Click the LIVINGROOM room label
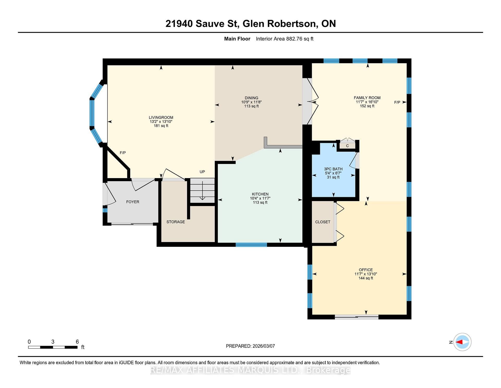click(161, 117)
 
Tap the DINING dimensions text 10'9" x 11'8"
click(251, 102)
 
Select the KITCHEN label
click(260, 194)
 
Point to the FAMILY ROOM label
click(367, 98)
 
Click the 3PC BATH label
click(333, 169)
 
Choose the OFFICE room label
click(366, 270)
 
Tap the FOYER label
click(133, 202)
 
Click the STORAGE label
click(176, 222)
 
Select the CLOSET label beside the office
click(323, 222)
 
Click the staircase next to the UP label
click(202, 190)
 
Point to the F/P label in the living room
click(123, 153)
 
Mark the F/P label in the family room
click(397, 102)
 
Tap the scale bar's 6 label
click(77, 341)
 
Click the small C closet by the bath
click(348, 146)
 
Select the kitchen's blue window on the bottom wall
click(251, 245)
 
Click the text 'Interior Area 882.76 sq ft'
click(285, 39)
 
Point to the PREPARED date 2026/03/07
click(264, 346)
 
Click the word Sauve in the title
click(210, 24)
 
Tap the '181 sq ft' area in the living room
click(161, 126)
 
